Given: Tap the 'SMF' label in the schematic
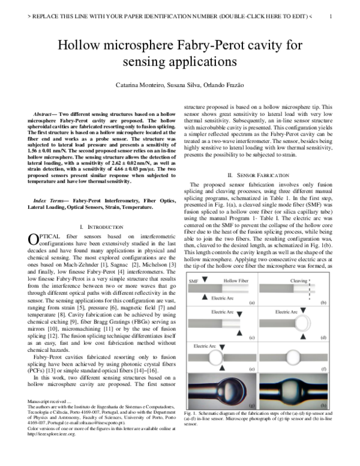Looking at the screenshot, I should click(194, 280).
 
